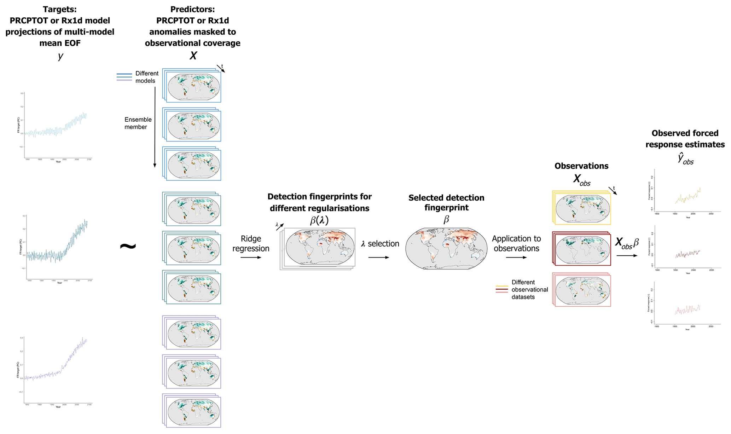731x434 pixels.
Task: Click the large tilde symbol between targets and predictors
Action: coord(128,246)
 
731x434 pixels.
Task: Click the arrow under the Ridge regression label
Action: coord(251,257)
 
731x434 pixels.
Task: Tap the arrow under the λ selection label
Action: coord(378,257)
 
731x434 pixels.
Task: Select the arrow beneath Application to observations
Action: coord(516,257)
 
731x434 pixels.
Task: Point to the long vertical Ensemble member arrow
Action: coord(155,127)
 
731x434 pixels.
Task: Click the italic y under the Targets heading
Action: coord(60,56)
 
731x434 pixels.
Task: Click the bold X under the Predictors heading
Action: coord(193,56)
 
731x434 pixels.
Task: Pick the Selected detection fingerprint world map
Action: coord(446,249)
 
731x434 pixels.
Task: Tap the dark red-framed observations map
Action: coord(582,250)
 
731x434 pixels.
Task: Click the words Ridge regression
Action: coord(251,243)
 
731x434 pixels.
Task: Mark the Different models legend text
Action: coord(146,77)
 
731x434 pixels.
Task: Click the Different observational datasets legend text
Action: coord(529,290)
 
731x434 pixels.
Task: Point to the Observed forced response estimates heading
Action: coord(685,139)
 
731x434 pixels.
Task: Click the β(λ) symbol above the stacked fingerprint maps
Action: coord(319,220)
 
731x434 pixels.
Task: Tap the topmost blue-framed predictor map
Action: coord(193,87)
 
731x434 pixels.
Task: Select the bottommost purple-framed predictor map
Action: coord(193,412)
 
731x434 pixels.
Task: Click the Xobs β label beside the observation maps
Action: coord(627,243)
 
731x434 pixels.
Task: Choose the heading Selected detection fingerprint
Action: coord(446,203)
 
